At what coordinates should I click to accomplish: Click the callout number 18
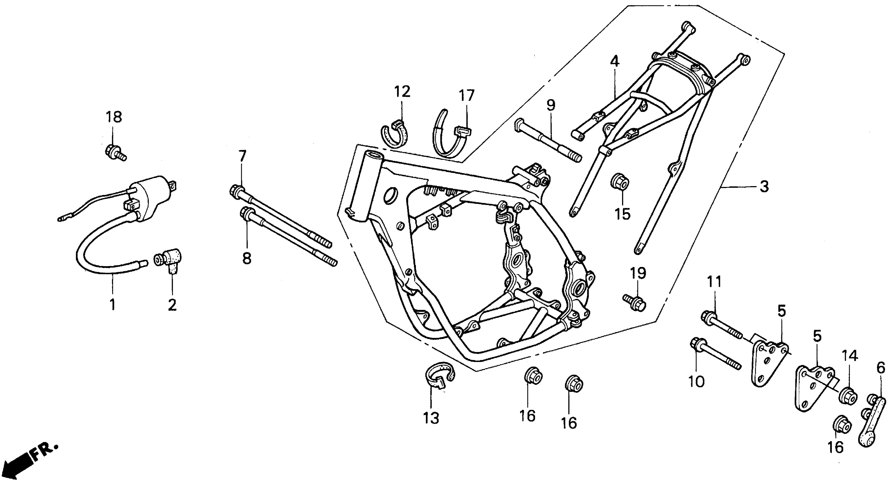point(114,117)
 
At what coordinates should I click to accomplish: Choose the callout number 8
point(246,259)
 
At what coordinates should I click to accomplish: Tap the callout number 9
point(551,105)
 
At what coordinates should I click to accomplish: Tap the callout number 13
point(431,418)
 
